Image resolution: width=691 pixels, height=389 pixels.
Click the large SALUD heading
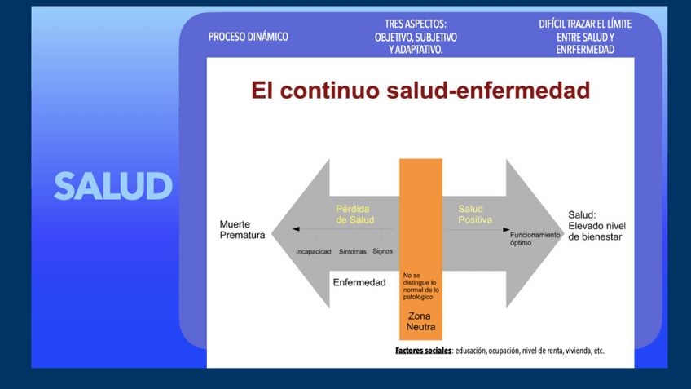coord(113,186)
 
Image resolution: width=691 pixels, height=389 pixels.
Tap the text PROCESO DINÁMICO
coord(248,37)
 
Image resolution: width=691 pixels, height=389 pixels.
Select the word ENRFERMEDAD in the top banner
coord(585,50)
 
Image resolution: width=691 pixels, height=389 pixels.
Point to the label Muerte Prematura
coord(242,229)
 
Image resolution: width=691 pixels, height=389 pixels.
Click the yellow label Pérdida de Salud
coord(354,214)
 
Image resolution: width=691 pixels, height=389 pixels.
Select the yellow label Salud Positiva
coord(475,214)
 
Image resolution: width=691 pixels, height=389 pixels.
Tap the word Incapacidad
coord(314,251)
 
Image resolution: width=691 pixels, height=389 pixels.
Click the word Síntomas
coord(352,251)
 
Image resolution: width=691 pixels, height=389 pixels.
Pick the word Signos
coord(382,251)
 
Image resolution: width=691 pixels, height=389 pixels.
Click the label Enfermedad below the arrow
coord(359,282)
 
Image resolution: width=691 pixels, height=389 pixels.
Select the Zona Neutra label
coord(420,321)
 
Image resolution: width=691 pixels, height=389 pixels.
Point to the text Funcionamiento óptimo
coord(535,239)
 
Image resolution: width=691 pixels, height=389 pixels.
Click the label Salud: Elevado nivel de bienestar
coord(596,226)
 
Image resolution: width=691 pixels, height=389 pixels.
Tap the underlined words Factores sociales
coord(423,351)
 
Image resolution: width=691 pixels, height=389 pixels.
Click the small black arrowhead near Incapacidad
coord(296,229)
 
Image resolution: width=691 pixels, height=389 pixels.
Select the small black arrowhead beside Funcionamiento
coord(506,229)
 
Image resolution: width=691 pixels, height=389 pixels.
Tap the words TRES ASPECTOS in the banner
coord(415,24)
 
